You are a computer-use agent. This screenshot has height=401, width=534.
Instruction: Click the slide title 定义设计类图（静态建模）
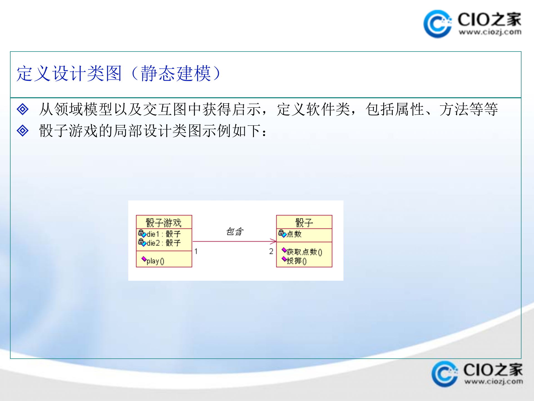[119, 74]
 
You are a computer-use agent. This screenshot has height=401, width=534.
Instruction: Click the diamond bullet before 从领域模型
[23, 109]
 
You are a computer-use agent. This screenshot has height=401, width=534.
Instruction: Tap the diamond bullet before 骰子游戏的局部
[23, 131]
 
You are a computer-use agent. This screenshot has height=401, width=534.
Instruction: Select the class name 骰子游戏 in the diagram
[164, 222]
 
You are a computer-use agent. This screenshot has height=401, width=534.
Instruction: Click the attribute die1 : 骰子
[164, 234]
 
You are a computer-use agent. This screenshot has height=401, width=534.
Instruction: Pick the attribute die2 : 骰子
[164, 243]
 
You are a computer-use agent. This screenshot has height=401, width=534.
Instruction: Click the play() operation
[155, 261]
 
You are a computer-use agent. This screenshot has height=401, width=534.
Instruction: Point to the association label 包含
[235, 231]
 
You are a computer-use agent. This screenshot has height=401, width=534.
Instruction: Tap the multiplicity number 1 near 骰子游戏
[196, 251]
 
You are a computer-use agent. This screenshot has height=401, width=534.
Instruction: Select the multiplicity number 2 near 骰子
[271, 251]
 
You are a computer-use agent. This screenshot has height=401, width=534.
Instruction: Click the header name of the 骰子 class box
[304, 222]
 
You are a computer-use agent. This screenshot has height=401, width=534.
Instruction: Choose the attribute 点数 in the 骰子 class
[294, 234]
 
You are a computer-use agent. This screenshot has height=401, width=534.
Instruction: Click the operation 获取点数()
[304, 252]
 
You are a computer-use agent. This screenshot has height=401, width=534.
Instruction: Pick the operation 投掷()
[296, 261]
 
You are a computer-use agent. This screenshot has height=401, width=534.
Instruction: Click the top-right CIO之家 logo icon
[437, 24]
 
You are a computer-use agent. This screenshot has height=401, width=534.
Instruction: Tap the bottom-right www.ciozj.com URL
[493, 382]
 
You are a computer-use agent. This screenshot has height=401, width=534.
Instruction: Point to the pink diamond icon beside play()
[144, 259]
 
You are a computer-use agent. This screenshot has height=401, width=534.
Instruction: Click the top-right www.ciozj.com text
[490, 32]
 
